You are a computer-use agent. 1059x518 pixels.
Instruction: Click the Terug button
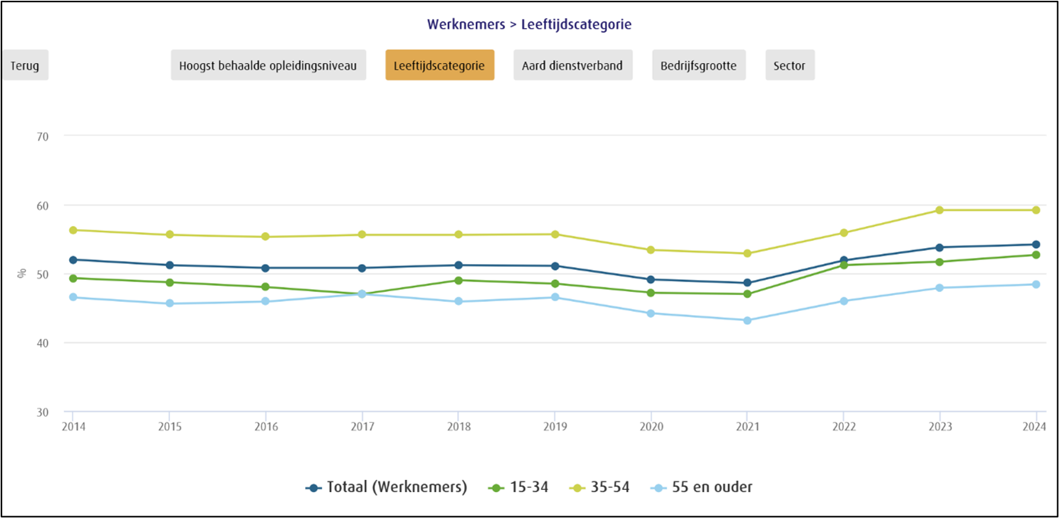(x=24, y=65)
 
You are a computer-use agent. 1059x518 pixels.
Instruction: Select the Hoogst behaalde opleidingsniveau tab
(x=268, y=65)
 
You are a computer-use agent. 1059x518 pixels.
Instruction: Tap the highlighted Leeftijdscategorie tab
(x=439, y=65)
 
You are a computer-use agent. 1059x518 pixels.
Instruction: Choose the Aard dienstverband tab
(x=572, y=65)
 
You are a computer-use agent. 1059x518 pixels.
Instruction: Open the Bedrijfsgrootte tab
(x=698, y=65)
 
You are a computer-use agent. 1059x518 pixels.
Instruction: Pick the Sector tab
(x=789, y=65)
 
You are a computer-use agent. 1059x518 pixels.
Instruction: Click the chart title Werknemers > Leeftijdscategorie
(x=529, y=24)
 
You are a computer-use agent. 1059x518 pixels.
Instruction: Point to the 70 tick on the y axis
(x=43, y=136)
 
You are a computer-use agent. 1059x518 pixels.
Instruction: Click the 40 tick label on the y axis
(x=43, y=343)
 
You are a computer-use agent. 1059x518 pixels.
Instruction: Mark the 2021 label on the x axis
(x=746, y=427)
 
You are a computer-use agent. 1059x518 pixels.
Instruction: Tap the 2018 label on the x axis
(x=458, y=427)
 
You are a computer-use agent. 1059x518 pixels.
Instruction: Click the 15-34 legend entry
(x=518, y=488)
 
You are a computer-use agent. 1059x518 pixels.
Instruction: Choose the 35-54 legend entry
(x=600, y=488)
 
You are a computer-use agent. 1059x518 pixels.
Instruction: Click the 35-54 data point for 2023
(x=939, y=210)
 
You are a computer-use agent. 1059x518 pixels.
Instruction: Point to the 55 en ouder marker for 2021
(x=746, y=320)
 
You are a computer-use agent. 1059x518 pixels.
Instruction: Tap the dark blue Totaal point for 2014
(x=73, y=259)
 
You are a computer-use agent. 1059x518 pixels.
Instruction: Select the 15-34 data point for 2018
(x=458, y=280)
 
